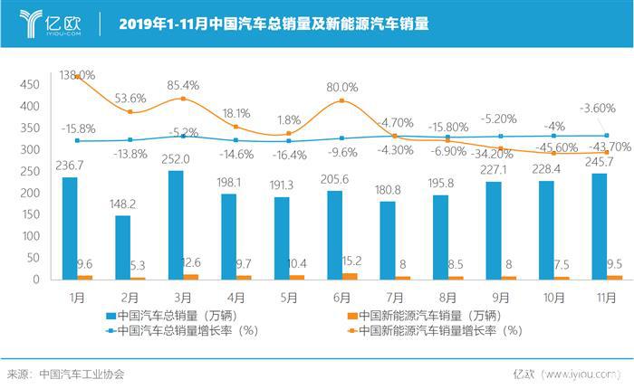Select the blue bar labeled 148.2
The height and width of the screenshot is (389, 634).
[123, 248]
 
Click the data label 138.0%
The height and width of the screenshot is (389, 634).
[76, 75]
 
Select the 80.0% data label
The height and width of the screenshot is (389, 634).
[342, 87]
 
